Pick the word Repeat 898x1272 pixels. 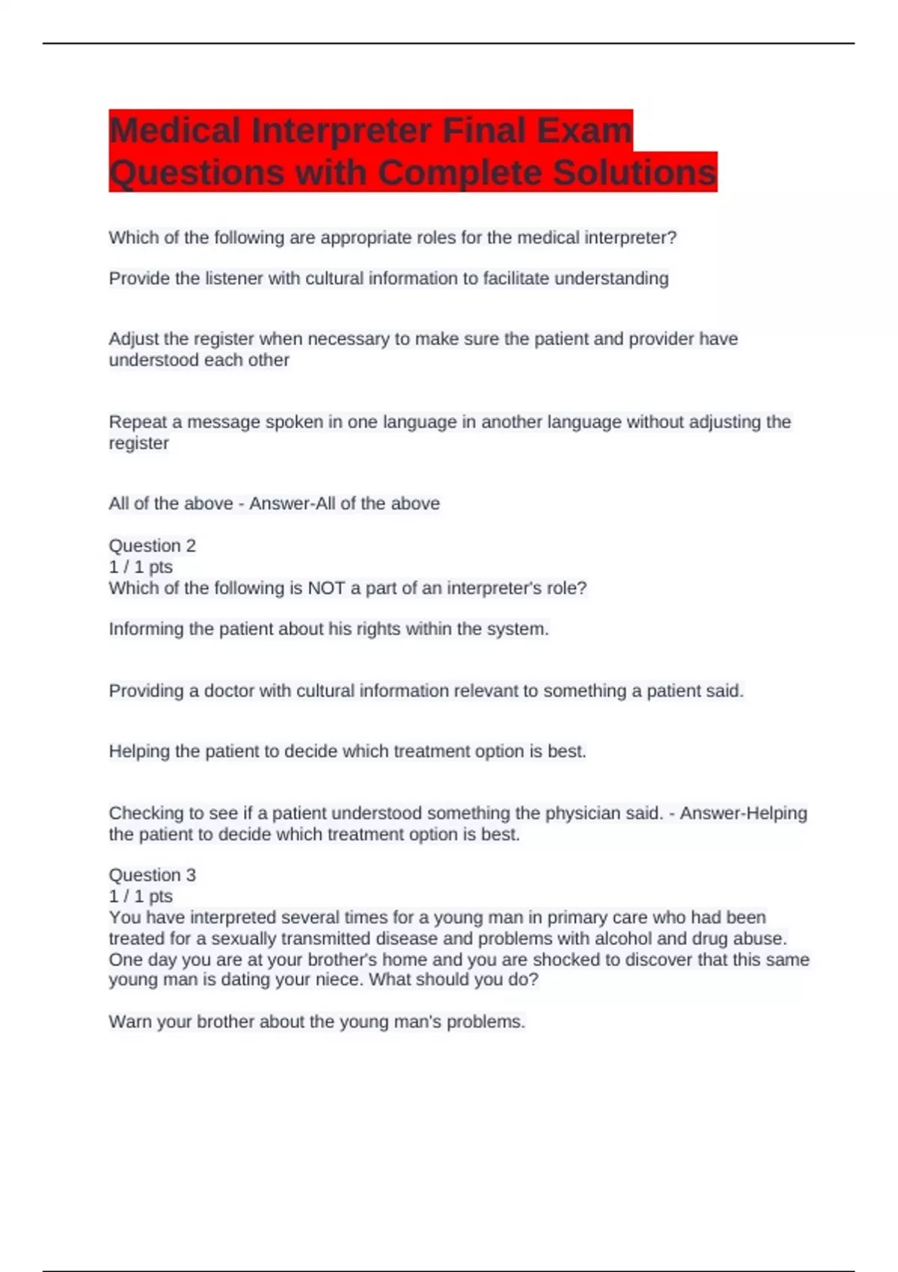click(x=137, y=422)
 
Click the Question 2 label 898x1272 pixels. click(x=152, y=545)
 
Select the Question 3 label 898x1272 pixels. click(x=152, y=875)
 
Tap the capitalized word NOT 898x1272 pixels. click(x=326, y=588)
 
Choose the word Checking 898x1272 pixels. click(x=145, y=813)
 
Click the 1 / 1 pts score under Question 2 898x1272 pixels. click(x=141, y=567)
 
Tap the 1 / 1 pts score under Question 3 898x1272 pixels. click(x=141, y=896)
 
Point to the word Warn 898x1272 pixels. click(x=129, y=1022)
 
